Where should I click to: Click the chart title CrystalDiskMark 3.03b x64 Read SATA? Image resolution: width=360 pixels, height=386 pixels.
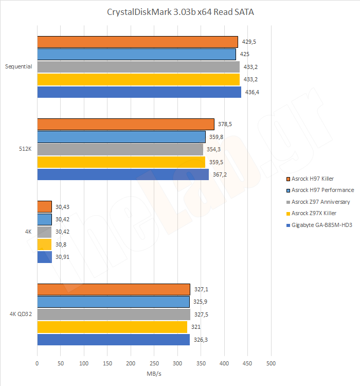point(180,12)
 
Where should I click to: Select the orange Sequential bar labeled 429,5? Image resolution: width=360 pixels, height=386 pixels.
point(137,42)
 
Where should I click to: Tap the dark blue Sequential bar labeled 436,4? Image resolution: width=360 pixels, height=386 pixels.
point(139,92)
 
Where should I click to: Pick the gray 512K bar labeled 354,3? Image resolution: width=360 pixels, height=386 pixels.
point(120,149)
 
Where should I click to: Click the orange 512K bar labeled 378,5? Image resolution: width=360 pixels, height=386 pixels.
point(125,124)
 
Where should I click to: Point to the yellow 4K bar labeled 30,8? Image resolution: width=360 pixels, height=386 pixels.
point(44,244)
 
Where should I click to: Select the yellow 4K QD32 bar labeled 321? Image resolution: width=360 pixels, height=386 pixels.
point(112,327)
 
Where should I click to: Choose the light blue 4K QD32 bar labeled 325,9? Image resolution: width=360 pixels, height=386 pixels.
point(113,302)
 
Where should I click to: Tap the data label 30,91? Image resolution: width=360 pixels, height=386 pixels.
point(62,257)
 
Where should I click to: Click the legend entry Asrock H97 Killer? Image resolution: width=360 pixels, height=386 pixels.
point(313,179)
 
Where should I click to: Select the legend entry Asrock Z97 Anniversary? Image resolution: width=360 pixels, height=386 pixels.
point(316,202)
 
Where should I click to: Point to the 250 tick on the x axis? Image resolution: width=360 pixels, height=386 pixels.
point(131,363)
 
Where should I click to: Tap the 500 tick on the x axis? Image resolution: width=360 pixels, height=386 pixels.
point(271,363)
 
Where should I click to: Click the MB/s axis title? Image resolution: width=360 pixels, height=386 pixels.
point(154,373)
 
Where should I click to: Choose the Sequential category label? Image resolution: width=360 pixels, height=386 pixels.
point(19,66)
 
